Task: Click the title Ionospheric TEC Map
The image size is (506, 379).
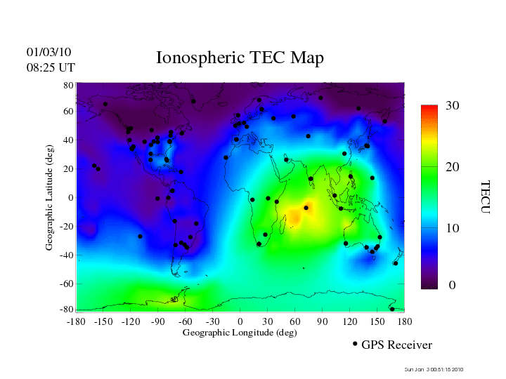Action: tap(240, 58)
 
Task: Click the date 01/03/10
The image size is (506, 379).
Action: tap(49, 53)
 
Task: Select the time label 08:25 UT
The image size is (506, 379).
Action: tap(51, 67)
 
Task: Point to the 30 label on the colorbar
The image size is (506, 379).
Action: tap(453, 106)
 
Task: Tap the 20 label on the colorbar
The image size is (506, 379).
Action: tap(453, 169)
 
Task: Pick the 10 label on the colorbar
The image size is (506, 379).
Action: tap(453, 229)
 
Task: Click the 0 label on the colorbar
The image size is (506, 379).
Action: tap(453, 286)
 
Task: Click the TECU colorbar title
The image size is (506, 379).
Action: tap(485, 197)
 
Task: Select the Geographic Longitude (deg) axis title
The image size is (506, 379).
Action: tap(240, 333)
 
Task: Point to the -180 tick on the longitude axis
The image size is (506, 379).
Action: tap(76, 321)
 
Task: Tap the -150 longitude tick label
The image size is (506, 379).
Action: tap(103, 321)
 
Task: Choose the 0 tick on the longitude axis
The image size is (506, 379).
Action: tap(240, 321)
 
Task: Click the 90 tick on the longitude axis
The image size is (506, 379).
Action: tap(323, 321)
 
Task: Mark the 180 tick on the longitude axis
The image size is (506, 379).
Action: tap(405, 321)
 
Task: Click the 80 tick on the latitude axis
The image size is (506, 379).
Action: tap(68, 85)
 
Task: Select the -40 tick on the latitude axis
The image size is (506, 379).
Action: tap(66, 255)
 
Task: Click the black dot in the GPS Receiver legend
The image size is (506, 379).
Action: tap(355, 344)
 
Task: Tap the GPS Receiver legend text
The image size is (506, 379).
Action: tap(397, 345)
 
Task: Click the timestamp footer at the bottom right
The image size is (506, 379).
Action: tap(434, 370)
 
